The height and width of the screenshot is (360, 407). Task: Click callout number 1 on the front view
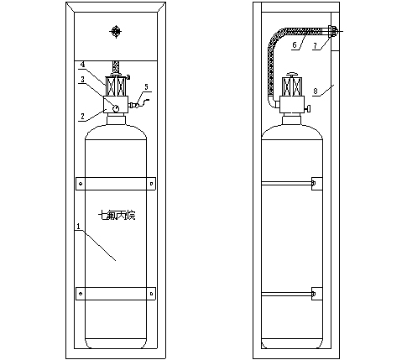tap(79, 226)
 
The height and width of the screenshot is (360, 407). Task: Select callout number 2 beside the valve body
tap(82, 116)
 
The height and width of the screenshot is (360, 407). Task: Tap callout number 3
tap(82, 80)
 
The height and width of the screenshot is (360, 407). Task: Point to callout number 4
tap(82, 65)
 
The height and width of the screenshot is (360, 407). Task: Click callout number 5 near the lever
tap(146, 87)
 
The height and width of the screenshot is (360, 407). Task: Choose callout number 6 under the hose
tap(295, 45)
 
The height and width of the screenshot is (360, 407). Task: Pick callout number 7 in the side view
tap(316, 46)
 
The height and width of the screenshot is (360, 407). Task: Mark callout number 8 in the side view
tap(316, 91)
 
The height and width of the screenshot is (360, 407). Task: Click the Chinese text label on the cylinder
tap(117, 216)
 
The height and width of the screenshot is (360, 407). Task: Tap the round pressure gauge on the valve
tap(116, 107)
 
